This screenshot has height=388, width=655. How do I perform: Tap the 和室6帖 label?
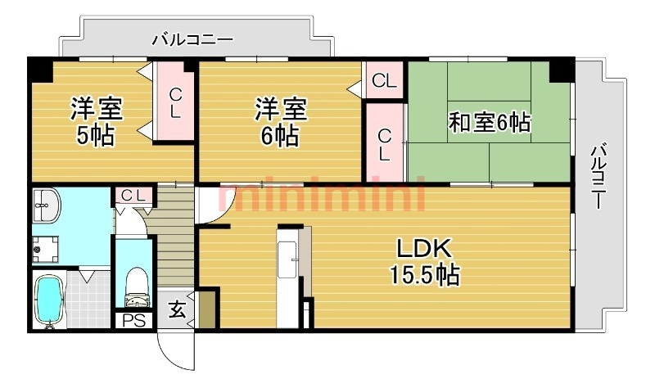[x=490, y=124]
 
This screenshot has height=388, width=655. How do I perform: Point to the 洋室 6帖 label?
[x=280, y=120]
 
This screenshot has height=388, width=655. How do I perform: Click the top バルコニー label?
[x=193, y=39]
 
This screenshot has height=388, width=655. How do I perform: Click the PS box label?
[x=133, y=320]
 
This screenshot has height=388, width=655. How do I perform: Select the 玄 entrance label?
[x=176, y=310]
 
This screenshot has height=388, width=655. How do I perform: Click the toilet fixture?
[x=133, y=283]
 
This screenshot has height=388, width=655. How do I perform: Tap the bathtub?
[x=52, y=300]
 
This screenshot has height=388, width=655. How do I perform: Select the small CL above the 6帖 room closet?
[x=384, y=81]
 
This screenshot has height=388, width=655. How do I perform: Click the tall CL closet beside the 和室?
[x=384, y=143]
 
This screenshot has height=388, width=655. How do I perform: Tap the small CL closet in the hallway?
[x=133, y=195]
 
